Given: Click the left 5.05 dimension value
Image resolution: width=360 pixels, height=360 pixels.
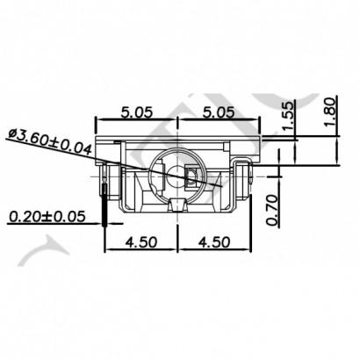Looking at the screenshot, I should coord(136,112).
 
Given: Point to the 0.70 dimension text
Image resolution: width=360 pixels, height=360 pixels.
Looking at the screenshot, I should coord(271,211).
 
